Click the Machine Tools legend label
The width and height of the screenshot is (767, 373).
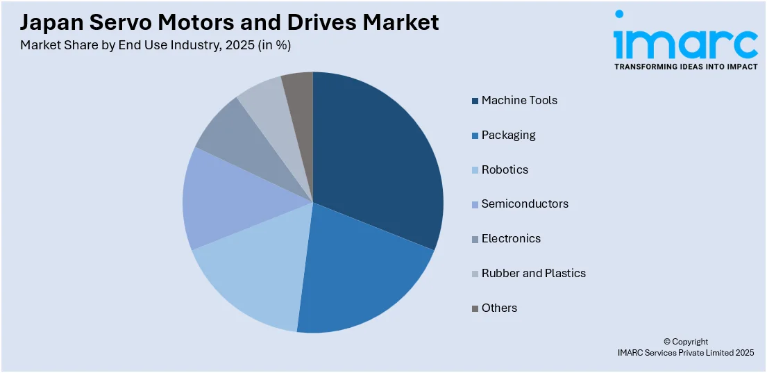point(519,100)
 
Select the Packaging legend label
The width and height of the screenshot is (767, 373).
point(508,135)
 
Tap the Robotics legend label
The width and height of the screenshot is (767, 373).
point(505,169)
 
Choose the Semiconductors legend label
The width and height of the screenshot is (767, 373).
point(525,204)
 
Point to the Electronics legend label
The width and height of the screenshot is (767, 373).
point(511,238)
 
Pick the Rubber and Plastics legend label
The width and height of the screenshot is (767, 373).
point(533,273)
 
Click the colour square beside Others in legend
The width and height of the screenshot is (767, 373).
point(475,308)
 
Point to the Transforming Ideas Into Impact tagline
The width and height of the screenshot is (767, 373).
point(685,67)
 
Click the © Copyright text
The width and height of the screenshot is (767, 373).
point(686,342)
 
